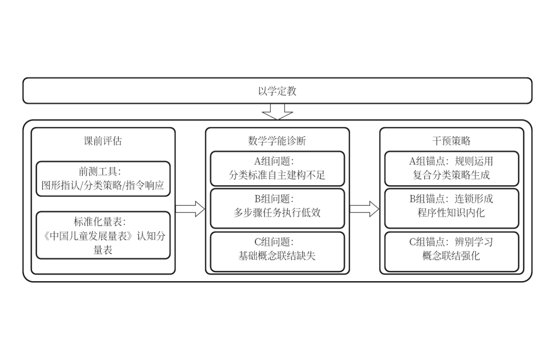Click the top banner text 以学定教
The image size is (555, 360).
[x=277, y=91]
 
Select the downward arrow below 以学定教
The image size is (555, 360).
[x=277, y=113]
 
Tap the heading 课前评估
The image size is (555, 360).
[x=103, y=141]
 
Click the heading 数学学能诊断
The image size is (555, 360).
[x=277, y=141]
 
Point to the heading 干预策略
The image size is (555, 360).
[x=451, y=141]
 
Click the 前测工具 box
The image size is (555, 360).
[x=103, y=179]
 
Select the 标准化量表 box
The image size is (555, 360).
[x=103, y=235]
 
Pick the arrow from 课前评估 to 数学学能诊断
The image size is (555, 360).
[x=190, y=209]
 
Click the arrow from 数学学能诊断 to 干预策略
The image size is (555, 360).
[x=364, y=209]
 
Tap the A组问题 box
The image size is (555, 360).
[x=277, y=168]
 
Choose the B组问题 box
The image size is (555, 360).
[x=277, y=208]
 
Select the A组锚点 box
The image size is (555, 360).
[x=451, y=168]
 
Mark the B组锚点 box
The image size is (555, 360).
[x=451, y=208]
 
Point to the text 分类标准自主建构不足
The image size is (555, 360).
[x=277, y=175]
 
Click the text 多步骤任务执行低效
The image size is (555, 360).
[x=277, y=213]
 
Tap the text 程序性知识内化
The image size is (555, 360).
[x=451, y=213]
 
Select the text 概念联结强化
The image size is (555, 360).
[x=451, y=256]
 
